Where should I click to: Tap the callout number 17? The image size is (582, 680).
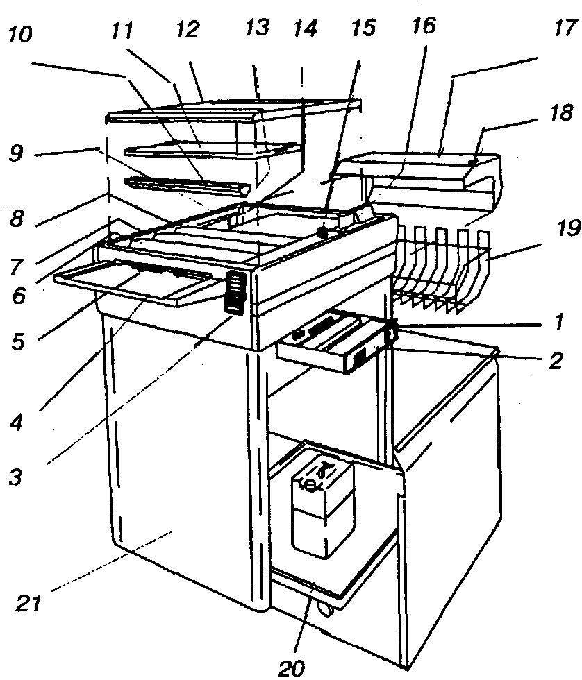pos(563,29)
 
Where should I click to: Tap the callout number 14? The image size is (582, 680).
pos(305,28)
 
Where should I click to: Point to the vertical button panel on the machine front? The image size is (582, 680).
pos(238,291)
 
